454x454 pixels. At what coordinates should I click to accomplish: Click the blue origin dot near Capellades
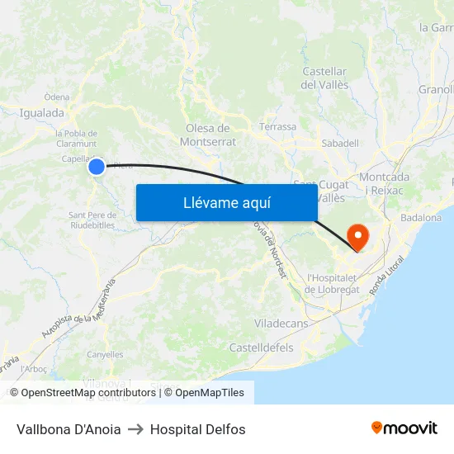[x=97, y=167]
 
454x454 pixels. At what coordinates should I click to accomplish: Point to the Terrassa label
[x=277, y=127]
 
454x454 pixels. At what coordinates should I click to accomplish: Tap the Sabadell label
[x=339, y=143]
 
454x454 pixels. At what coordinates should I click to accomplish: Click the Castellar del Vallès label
[x=324, y=78]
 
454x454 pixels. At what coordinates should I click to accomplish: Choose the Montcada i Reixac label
[x=384, y=183]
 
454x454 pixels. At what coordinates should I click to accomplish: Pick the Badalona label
[x=420, y=218]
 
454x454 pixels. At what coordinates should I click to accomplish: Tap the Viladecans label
[x=281, y=324]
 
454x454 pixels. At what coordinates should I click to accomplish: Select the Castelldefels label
[x=261, y=348]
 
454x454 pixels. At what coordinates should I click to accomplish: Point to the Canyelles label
[x=105, y=355]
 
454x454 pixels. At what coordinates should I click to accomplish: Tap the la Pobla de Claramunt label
[x=76, y=138]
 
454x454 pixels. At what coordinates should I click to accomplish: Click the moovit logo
[x=404, y=428]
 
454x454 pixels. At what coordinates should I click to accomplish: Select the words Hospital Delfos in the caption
[x=197, y=429]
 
